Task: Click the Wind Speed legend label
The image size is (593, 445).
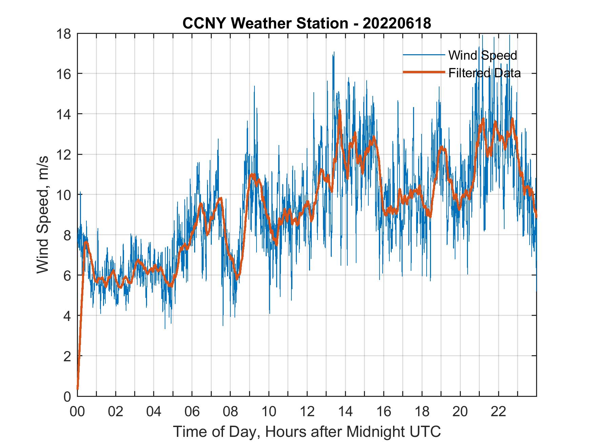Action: [483, 55]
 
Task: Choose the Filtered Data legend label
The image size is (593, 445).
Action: [485, 73]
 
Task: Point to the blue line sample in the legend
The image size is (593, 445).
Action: [424, 55]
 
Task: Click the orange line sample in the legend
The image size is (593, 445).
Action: [424, 72]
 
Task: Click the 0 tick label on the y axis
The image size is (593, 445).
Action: [67, 396]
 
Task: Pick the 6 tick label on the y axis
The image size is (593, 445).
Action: [67, 275]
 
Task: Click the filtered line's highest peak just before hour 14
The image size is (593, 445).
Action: [340, 110]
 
